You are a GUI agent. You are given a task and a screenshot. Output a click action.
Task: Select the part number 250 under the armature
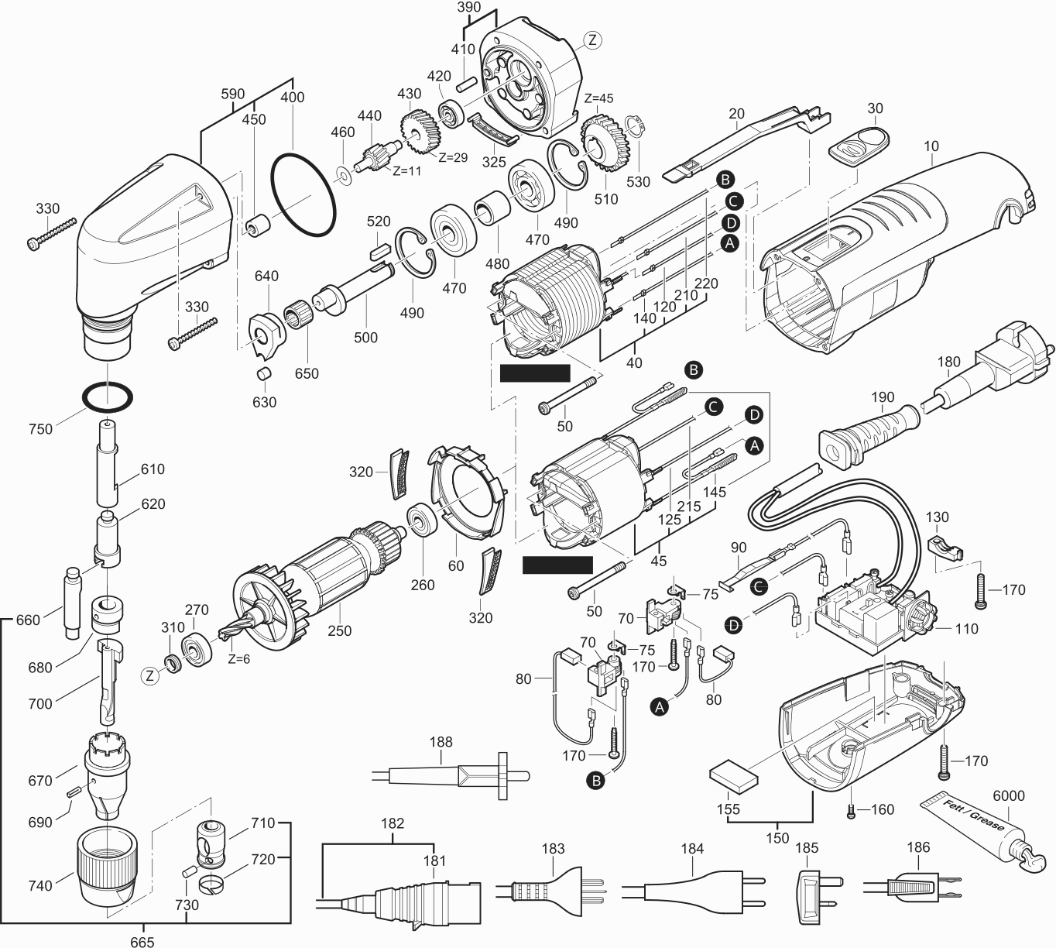[x=339, y=630]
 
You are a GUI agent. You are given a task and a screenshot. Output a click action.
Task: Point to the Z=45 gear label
[x=598, y=98]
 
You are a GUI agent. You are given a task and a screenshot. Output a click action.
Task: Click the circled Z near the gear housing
[x=592, y=39]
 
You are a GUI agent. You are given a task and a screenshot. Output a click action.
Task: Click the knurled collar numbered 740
[x=104, y=868]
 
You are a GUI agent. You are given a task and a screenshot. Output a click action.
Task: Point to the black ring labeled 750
[x=105, y=397]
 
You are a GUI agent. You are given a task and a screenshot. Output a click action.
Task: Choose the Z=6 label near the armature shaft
[x=238, y=659]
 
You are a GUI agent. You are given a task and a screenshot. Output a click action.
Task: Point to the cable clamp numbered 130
[x=943, y=547]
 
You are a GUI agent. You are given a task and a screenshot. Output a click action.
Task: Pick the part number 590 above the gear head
[x=233, y=94]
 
